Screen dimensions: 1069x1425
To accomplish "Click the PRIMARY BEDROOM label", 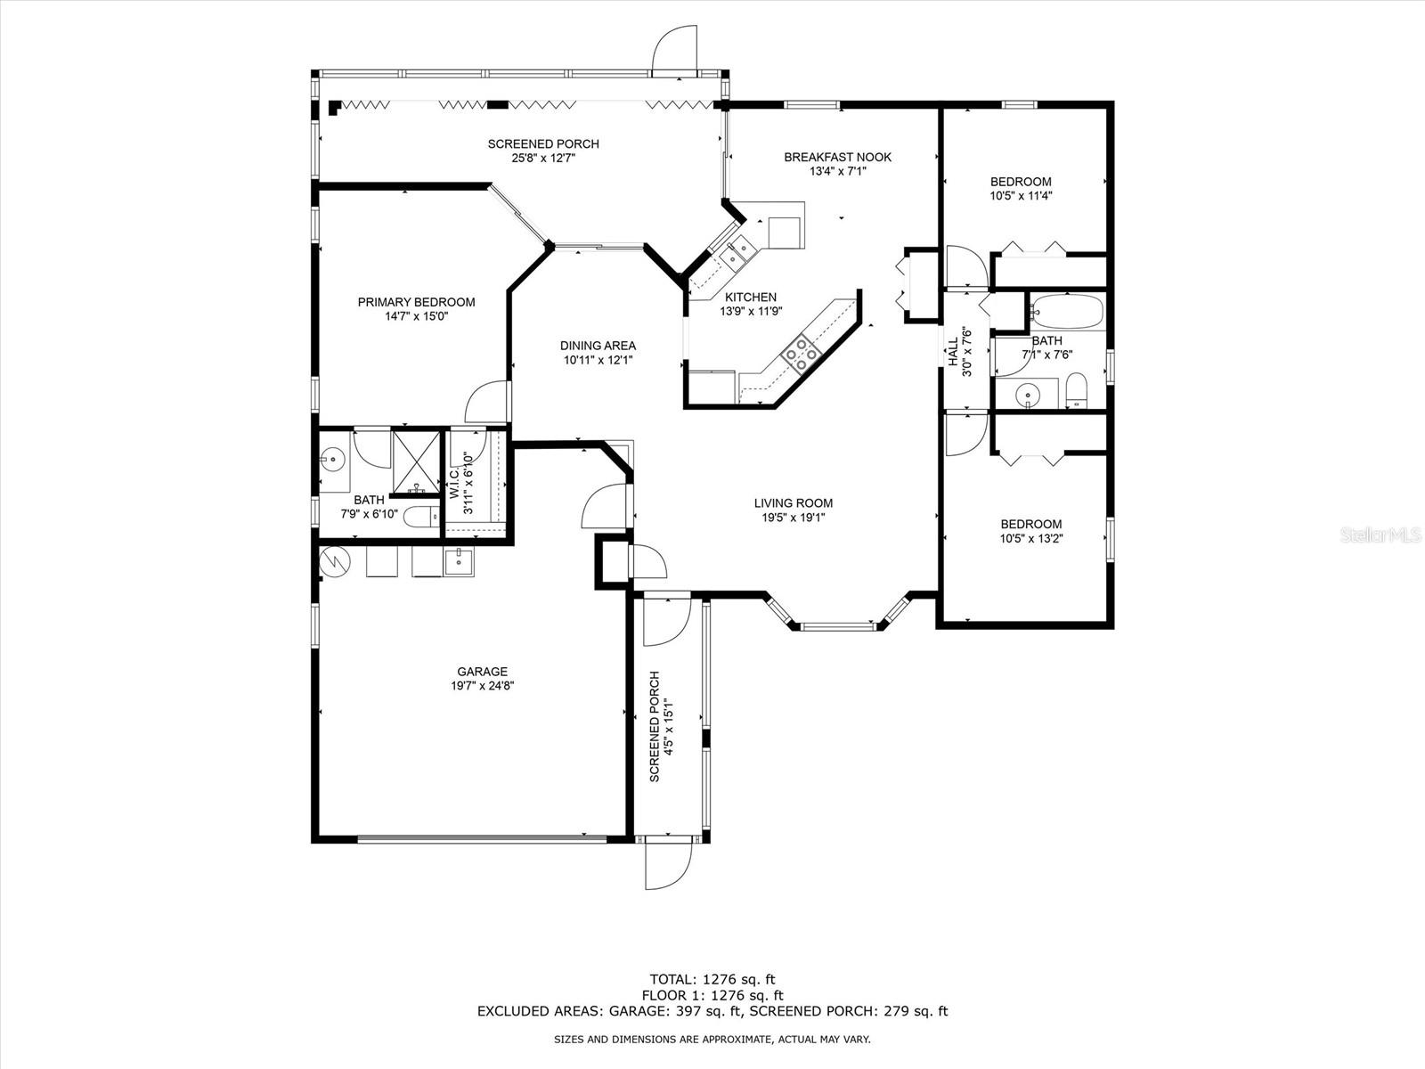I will coord(416,302).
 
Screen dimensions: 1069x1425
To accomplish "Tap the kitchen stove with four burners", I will coord(800,352).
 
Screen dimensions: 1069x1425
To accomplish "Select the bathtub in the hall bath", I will coord(1067,313).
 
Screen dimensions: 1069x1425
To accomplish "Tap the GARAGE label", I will coord(482,672).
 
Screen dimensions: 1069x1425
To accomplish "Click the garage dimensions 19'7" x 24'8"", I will coord(483,686).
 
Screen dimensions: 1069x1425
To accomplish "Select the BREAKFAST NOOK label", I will coord(837,158).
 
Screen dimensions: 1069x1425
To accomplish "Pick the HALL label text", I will coord(952,351).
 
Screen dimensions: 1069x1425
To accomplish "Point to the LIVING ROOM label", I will coord(793,503).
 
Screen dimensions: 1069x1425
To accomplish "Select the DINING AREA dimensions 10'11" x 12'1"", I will coord(598,360).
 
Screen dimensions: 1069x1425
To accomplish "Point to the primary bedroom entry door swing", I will coord(485,403).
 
